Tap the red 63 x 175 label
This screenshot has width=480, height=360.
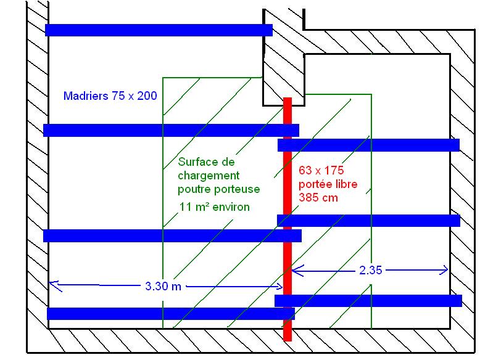coord(320,170)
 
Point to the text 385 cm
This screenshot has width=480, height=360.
coord(318,198)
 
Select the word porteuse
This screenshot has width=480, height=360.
coord(238,189)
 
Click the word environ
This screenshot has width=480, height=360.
coord(230,207)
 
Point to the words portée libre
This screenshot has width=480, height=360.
coord(328,184)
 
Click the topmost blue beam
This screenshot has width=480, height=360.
coord(159,30)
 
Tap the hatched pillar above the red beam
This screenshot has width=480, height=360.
coord(283,68)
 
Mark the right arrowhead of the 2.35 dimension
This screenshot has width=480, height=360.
coord(445,269)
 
